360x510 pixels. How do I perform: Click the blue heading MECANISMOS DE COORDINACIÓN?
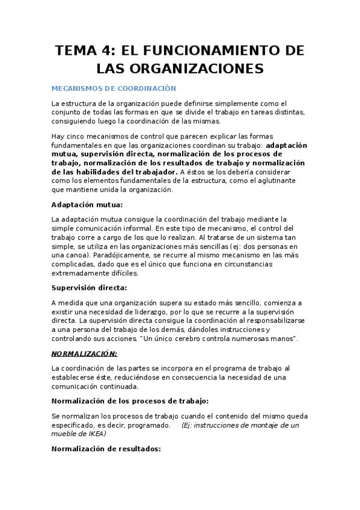(114, 88)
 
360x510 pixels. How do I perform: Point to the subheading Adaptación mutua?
(87, 204)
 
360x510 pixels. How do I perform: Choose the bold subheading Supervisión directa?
(89, 287)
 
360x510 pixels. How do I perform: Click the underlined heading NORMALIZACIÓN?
(84, 353)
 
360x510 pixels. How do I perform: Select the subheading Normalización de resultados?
(106, 448)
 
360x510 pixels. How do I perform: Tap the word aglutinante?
(268, 180)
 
